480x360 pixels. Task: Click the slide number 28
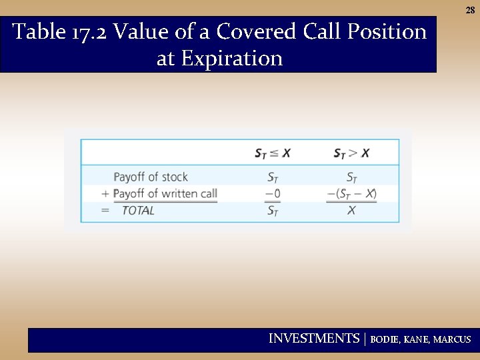(x=470, y=11)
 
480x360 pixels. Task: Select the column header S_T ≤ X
(x=273, y=153)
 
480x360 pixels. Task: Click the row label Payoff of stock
(x=151, y=177)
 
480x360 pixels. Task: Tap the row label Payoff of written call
(x=165, y=193)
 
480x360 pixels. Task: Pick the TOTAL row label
(x=138, y=211)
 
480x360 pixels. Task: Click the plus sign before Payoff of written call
(x=105, y=194)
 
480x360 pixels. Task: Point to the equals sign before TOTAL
(x=105, y=211)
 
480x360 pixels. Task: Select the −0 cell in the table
(x=273, y=194)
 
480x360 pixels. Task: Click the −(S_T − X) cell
(x=351, y=194)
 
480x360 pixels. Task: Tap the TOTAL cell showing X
(x=351, y=211)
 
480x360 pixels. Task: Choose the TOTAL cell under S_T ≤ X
(x=273, y=211)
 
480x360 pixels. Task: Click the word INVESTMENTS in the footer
(x=313, y=339)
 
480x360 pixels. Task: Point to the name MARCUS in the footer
(x=451, y=339)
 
